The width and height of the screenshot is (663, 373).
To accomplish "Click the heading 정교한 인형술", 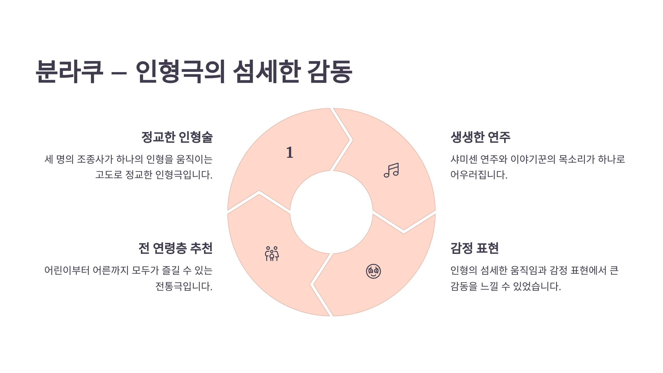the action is [177, 137].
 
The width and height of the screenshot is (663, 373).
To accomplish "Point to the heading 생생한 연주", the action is [480, 137].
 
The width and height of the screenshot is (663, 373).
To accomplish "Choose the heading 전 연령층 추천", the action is [175, 248].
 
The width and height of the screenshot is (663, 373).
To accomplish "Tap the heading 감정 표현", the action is [474, 248].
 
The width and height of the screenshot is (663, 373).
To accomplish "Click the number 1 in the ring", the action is [290, 153].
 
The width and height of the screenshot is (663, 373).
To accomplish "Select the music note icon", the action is [391, 170].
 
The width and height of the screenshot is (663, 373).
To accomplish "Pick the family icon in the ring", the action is [272, 254].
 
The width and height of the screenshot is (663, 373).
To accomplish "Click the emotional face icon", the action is [373, 271].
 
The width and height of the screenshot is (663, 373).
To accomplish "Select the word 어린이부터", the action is [67, 270].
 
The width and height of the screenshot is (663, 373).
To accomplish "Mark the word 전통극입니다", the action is [184, 287].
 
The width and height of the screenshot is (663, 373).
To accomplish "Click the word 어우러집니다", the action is [479, 175].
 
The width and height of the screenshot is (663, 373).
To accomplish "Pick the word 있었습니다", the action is [537, 287].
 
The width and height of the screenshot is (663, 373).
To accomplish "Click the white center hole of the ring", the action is [331, 212].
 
